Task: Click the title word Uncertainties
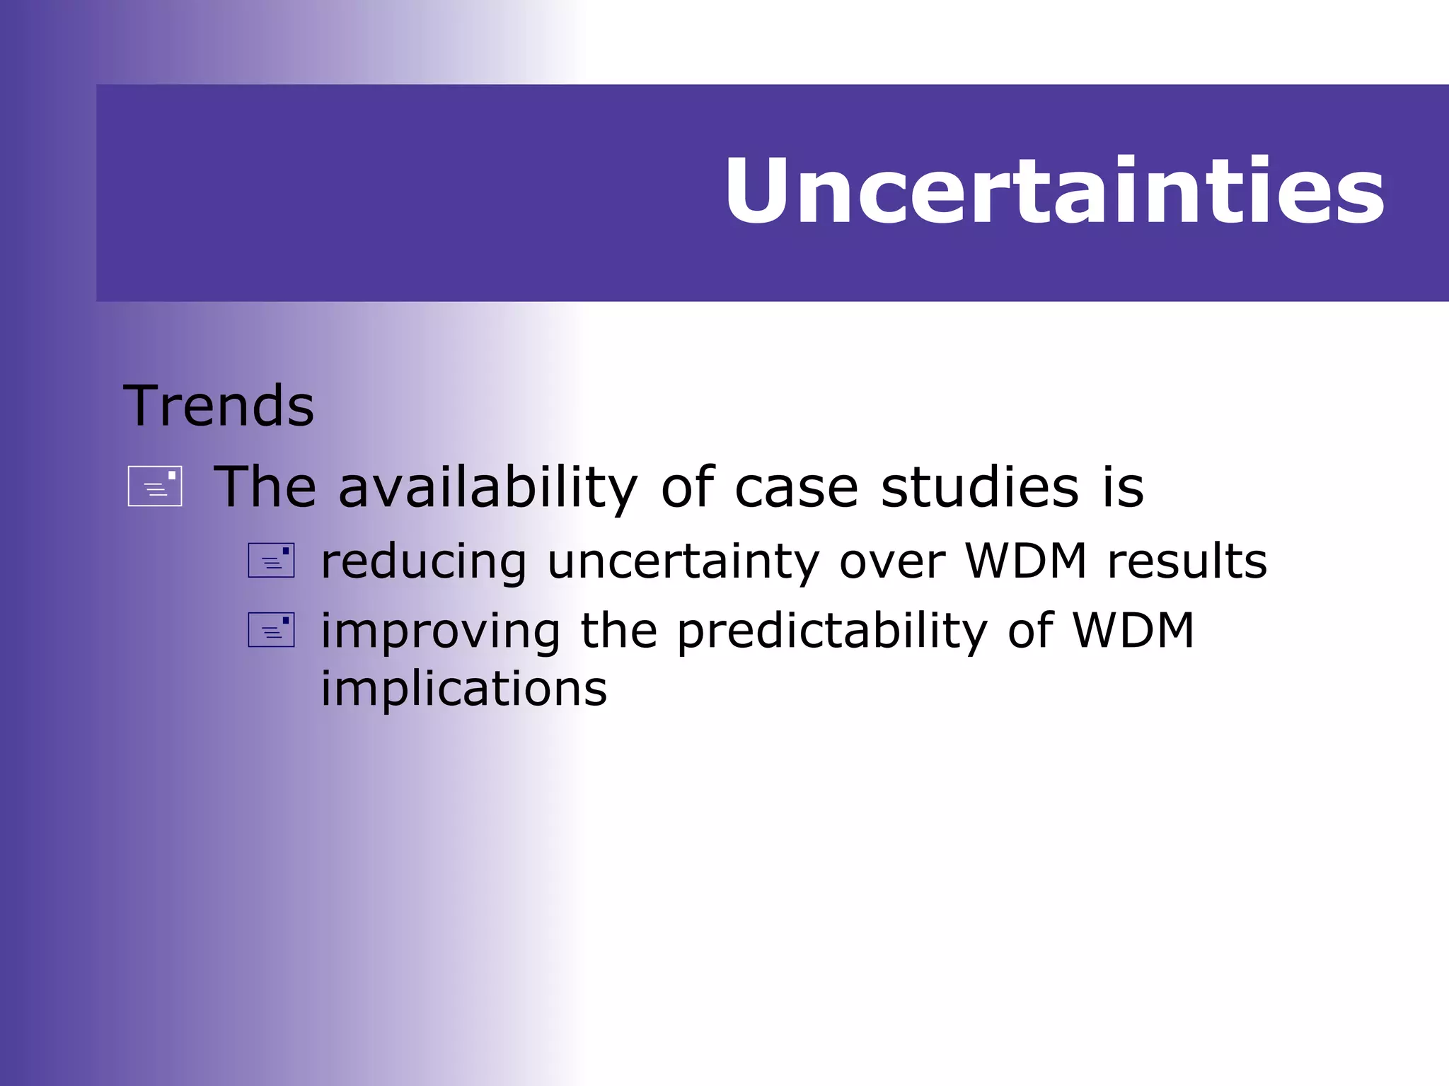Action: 1054,191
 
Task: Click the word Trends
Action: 219,407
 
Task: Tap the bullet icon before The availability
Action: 155,486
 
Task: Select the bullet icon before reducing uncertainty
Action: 271,561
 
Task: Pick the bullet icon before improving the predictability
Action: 271,630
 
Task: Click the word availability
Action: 488,488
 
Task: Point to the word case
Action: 796,488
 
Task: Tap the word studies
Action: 980,488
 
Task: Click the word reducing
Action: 424,562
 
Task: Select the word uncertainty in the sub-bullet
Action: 683,562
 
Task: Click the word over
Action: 891,562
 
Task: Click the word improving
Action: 441,631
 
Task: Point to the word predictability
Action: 832,631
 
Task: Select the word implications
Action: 464,689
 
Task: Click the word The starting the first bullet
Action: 265,488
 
